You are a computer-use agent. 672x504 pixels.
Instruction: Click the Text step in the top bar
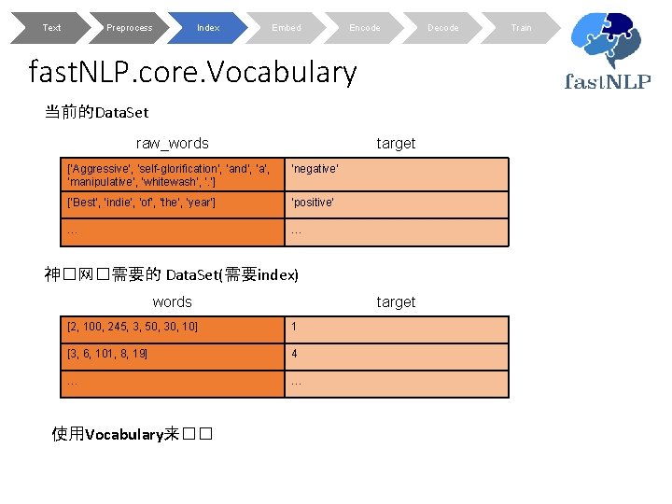point(51,28)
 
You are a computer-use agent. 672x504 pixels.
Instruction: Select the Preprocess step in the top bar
point(129,28)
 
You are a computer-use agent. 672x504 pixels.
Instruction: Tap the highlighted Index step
point(208,28)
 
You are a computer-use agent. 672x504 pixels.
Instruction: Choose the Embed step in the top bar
point(287,28)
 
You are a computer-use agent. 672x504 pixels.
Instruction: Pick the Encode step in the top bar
point(364,28)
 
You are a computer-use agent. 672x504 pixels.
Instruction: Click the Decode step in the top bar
point(442,28)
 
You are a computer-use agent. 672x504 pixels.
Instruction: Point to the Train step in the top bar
point(521,28)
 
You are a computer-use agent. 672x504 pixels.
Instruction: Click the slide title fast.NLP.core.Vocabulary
point(193,72)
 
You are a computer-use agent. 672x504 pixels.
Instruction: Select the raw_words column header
point(173,143)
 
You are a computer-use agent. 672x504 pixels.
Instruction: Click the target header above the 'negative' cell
point(396,143)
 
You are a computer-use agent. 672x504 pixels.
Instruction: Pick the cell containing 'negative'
point(397,175)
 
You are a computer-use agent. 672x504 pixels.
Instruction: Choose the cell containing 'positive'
point(397,203)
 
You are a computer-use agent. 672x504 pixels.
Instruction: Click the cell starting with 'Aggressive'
point(174,175)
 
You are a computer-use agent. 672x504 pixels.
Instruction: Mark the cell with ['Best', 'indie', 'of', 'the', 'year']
point(174,203)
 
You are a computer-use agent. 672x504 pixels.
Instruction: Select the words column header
point(172,301)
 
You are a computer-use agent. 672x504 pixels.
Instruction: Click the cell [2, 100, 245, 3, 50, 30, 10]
point(174,328)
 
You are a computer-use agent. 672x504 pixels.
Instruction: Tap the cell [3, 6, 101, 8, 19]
point(174,355)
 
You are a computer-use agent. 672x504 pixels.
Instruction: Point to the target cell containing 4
point(397,355)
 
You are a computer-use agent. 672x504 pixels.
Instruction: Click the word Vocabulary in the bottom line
point(124,434)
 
